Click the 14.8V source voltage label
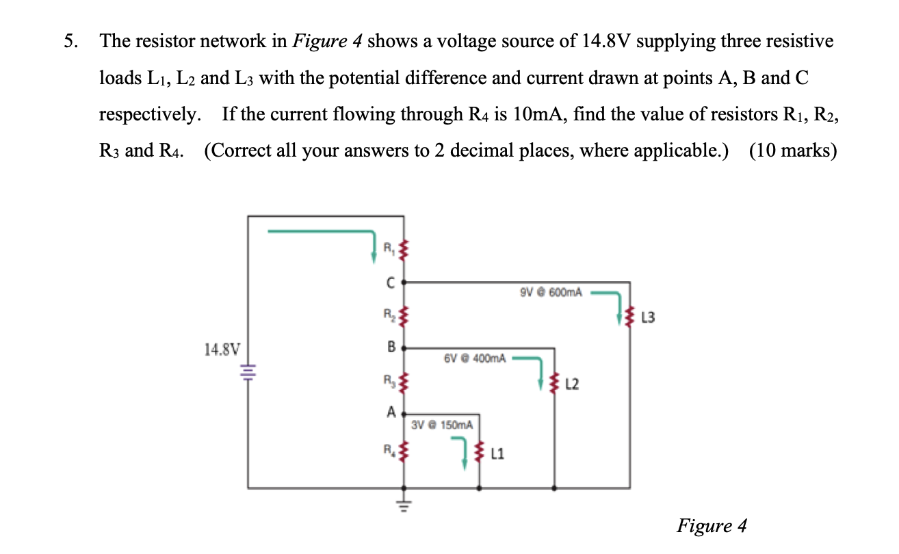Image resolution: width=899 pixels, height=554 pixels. tap(222, 349)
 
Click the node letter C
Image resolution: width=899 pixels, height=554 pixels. tap(390, 281)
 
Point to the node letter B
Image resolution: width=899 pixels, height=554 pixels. tap(391, 347)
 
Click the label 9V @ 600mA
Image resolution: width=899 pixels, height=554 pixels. tap(551, 292)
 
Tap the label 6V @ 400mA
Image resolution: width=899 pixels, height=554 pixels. tap(475, 358)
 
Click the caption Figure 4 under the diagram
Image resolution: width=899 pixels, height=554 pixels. tap(712, 525)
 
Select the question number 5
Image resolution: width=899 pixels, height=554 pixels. tap(70, 42)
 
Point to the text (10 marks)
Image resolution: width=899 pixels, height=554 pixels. tap(793, 150)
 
